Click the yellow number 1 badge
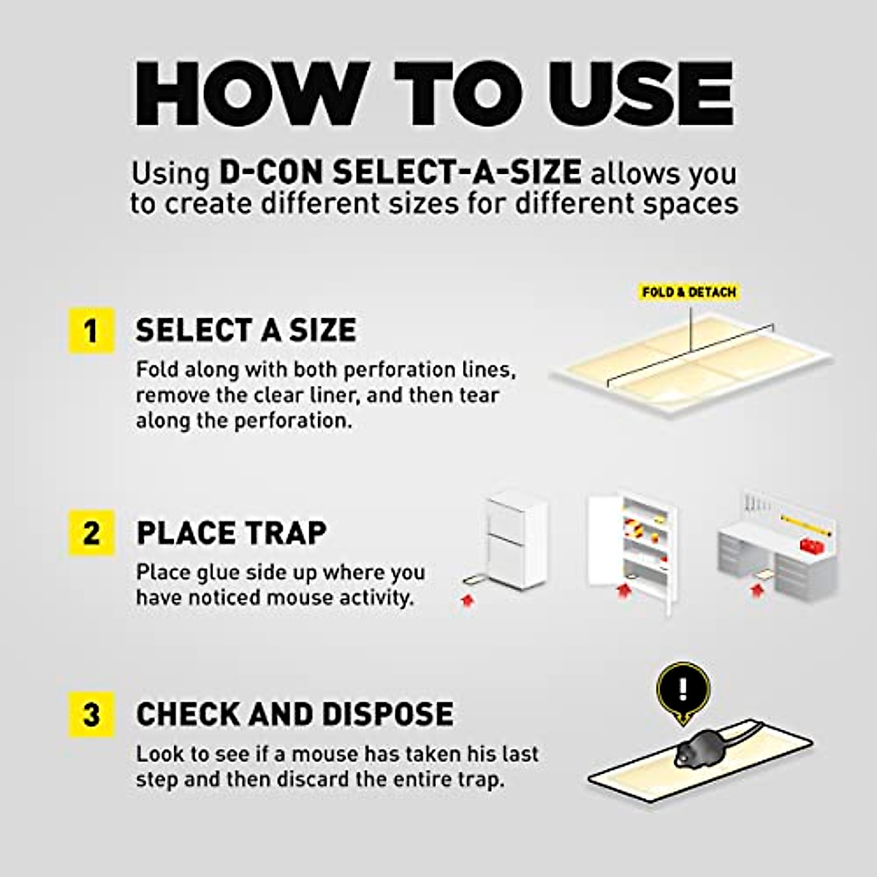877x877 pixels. [91, 331]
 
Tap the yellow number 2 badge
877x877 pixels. [91, 533]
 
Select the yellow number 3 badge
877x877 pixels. [91, 714]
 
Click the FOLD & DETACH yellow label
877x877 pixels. [688, 292]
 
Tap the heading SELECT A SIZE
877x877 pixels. [246, 330]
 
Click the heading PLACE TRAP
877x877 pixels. [231, 533]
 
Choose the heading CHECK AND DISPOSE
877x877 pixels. [295, 714]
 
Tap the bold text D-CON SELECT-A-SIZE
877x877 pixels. [400, 173]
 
